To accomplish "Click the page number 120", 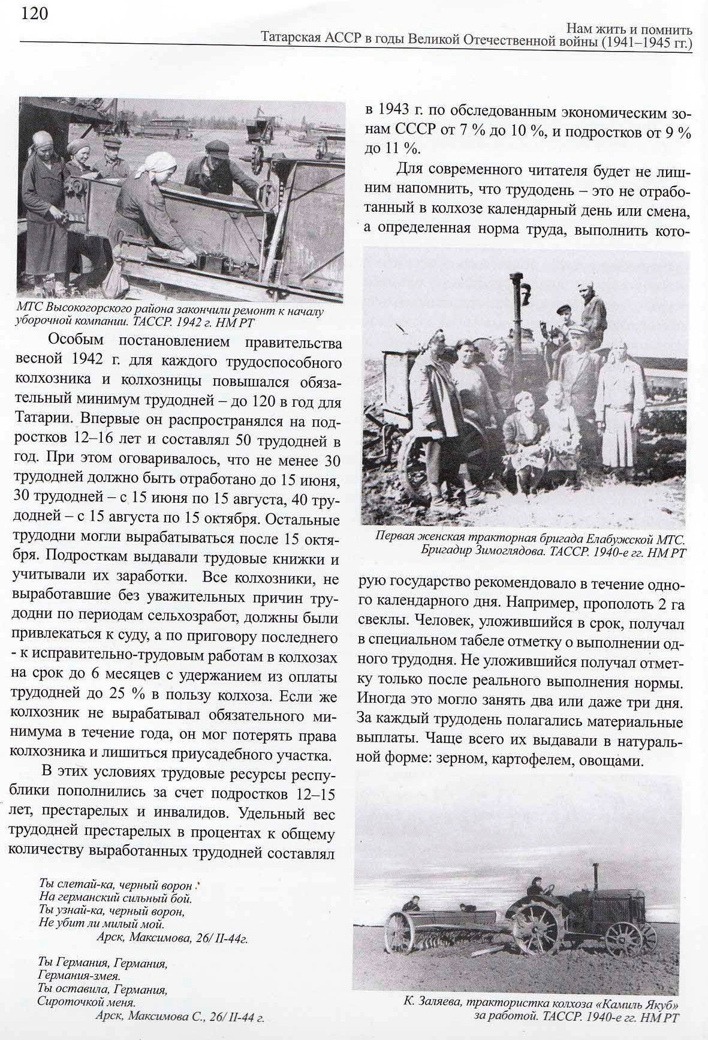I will [34, 13].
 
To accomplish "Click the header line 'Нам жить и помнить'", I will [629, 29].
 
